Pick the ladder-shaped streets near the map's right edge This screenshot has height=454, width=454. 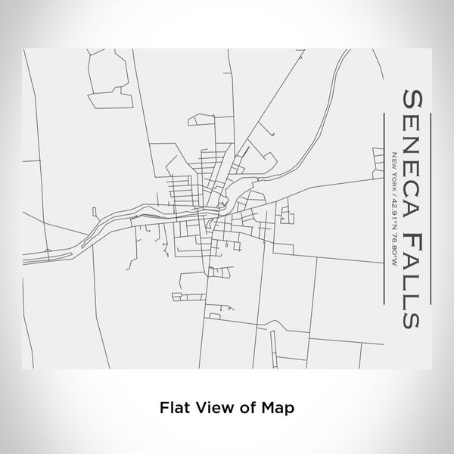(x=378, y=160)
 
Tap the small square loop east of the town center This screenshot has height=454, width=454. (x=286, y=219)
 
